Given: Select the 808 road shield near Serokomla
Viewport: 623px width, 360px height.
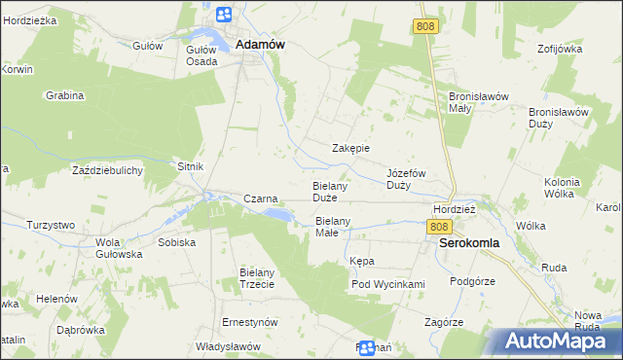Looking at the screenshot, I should coord(438,226).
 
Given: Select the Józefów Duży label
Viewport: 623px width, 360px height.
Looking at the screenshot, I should coord(407,178).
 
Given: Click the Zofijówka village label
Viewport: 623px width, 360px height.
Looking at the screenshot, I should coord(559,48).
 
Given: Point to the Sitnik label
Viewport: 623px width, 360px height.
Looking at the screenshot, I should coord(190,166).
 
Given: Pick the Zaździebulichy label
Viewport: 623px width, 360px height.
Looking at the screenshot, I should coord(108,170).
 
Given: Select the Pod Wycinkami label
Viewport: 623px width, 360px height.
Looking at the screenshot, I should coord(388,284).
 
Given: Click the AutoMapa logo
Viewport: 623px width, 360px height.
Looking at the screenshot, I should coord(555,342).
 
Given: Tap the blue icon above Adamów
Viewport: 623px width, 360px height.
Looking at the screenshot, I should coord(224,15).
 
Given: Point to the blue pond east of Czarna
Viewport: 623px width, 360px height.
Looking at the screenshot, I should coord(277,213).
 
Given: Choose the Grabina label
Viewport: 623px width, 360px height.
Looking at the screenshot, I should coord(65,95).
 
